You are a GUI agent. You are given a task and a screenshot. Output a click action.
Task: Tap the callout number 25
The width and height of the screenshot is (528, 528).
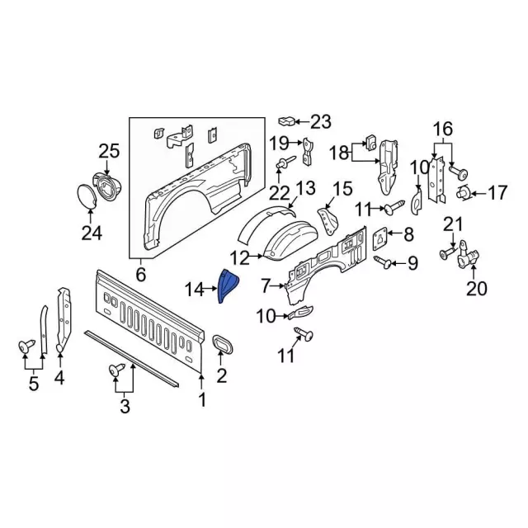point(109,151)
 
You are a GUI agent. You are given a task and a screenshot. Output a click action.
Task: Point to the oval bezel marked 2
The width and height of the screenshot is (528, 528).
point(221,347)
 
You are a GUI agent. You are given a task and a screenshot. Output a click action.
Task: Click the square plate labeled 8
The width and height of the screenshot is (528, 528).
point(380,236)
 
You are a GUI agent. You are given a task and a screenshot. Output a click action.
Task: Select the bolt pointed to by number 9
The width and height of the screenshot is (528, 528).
point(384,262)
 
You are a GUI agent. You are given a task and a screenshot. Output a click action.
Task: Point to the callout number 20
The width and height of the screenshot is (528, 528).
point(477,289)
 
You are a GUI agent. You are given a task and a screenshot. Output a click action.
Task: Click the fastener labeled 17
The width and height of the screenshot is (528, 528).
point(465,195)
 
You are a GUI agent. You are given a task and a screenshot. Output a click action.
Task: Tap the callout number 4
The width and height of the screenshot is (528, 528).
point(59,379)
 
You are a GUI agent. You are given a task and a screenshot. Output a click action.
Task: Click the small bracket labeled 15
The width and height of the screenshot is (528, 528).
point(328,216)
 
